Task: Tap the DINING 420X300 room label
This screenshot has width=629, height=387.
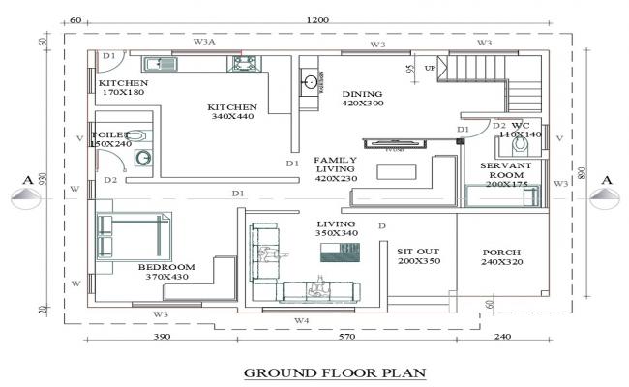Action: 363,98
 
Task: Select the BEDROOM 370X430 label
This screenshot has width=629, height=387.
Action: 166,272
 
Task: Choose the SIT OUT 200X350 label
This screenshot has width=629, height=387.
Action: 418,256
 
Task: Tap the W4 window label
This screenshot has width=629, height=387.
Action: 301,319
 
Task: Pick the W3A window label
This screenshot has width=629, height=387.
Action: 204,42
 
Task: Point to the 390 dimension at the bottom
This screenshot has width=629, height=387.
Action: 162,338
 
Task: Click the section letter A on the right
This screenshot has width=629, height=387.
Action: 607,179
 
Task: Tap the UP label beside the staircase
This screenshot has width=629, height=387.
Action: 430,69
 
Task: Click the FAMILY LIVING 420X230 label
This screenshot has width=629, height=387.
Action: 336,169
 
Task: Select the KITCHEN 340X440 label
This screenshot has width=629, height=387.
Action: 232,111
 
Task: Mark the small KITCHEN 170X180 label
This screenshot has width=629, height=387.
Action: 121,88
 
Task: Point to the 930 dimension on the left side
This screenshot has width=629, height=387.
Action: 45,179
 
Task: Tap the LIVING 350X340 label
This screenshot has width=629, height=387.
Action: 337,228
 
